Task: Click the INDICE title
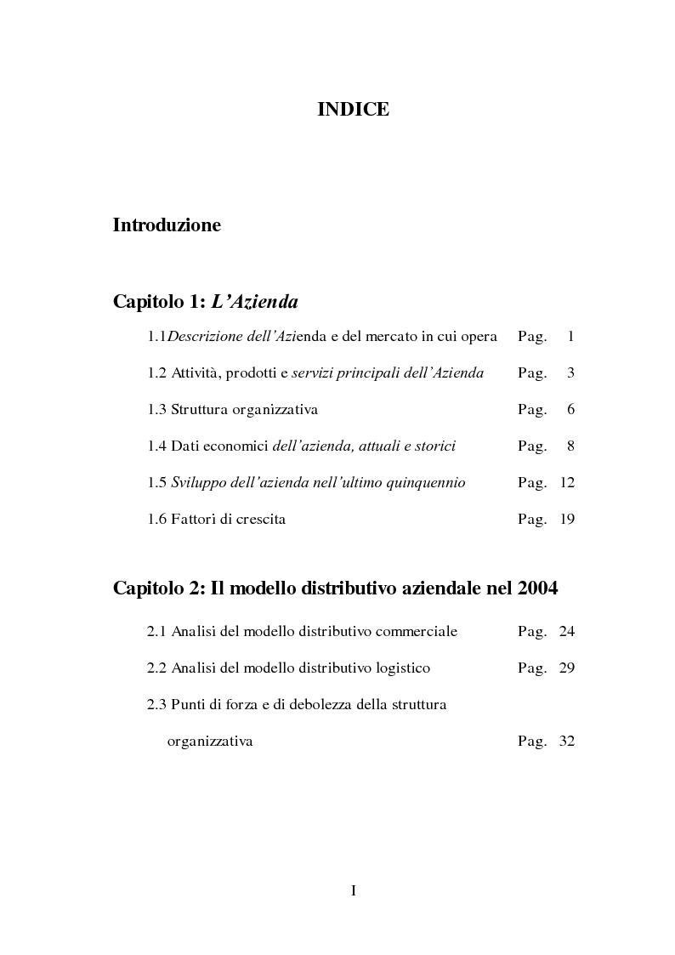click(353, 110)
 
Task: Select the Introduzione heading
click(167, 225)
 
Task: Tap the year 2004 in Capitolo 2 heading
click(536, 588)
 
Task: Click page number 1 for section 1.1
click(571, 337)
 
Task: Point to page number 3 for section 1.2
click(571, 373)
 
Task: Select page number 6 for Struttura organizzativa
click(571, 410)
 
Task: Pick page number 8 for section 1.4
click(571, 446)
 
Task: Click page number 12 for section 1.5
click(567, 483)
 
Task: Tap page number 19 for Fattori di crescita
click(567, 520)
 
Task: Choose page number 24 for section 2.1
click(567, 632)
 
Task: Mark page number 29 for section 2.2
click(567, 668)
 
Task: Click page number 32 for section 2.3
click(567, 742)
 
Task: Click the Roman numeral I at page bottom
click(353, 890)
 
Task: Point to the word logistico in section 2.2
click(400, 668)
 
